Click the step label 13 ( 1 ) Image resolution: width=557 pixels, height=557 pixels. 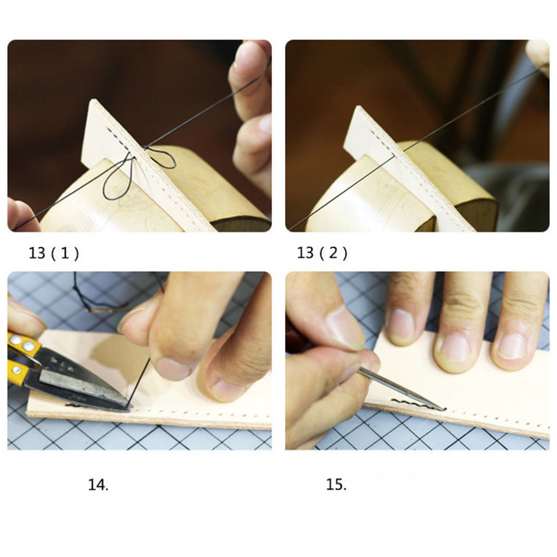tap(53, 253)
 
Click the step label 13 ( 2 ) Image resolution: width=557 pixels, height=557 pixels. tap(322, 253)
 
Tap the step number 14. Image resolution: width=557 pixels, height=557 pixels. tap(98, 485)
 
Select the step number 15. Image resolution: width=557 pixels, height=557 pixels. tap(336, 485)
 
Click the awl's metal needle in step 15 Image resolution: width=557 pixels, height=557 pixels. tap(402, 389)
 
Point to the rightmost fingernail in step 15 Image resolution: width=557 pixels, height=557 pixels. tap(511, 346)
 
